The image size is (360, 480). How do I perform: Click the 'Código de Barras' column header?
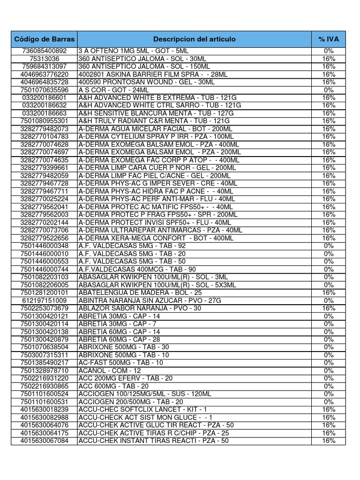click(x=45, y=39)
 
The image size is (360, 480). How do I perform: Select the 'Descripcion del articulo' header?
click(x=194, y=39)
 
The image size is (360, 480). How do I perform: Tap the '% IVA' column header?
click(x=329, y=39)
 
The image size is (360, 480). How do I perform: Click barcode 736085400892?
click(x=45, y=51)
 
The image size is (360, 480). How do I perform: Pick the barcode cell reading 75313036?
click(x=45, y=59)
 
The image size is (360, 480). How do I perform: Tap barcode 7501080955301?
click(x=45, y=121)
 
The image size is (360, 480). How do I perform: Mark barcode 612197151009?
click(x=45, y=300)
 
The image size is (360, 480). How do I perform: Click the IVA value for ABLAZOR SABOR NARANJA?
click(x=329, y=308)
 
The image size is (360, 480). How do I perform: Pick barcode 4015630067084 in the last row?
click(x=45, y=441)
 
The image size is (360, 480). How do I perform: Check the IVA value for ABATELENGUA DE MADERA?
click(x=329, y=292)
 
